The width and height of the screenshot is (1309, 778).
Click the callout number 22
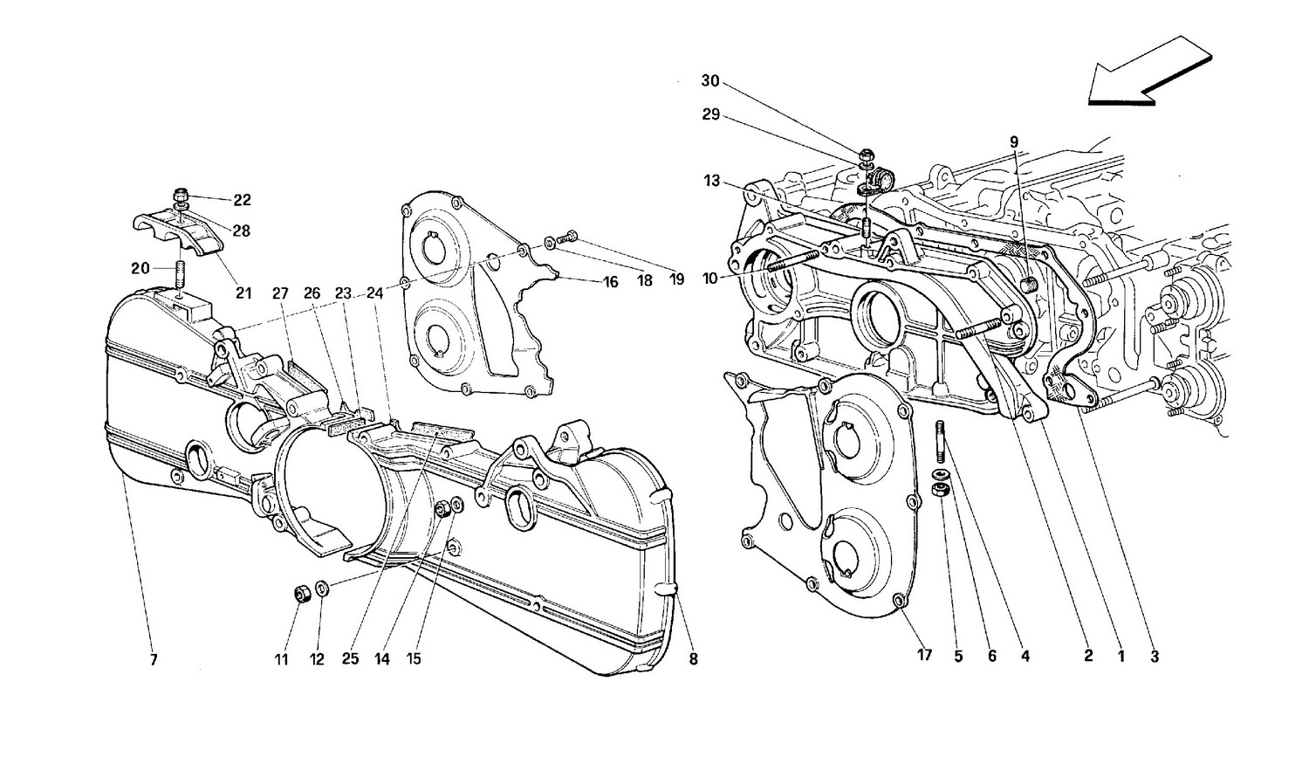(242, 200)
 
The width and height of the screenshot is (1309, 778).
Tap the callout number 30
(710, 81)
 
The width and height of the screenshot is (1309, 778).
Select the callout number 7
(153, 660)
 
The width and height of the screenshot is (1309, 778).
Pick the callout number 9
(1014, 141)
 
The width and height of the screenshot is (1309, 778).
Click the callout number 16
(609, 282)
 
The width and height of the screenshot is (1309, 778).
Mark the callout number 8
(693, 660)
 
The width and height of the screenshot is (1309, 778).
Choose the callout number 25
(350, 659)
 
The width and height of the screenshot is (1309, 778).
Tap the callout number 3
(1155, 657)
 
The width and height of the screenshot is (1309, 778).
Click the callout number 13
(712, 181)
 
